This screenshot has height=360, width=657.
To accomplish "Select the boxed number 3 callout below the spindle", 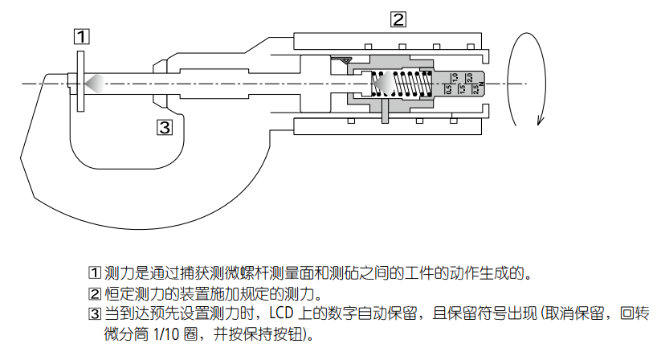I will pos(164,126).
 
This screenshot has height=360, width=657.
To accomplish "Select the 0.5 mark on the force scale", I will pos(448,88).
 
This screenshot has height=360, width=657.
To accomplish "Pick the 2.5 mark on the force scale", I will pos(475,89).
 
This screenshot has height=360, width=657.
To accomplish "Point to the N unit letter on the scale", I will pos(481,95).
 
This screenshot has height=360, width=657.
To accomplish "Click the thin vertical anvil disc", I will pos(80,81).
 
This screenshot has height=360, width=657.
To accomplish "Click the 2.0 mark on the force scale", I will pos(468,77).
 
